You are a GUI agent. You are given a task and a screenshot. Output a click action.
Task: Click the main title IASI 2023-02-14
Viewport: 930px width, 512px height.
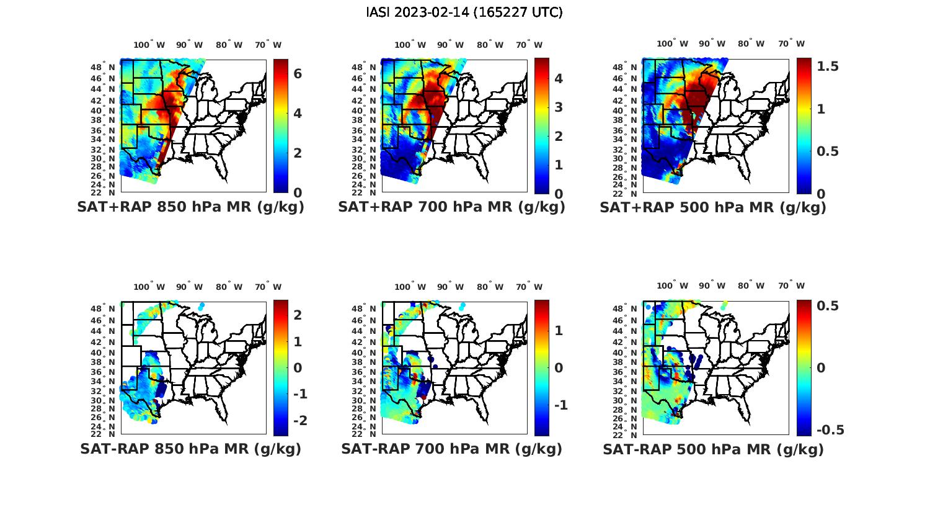pyautogui.click(x=464, y=12)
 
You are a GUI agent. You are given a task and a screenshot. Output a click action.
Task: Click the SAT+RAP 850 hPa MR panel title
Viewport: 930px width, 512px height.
pyautogui.click(x=190, y=207)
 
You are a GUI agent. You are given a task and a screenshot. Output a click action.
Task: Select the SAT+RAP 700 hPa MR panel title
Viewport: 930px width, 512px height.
pyautogui.click(x=451, y=207)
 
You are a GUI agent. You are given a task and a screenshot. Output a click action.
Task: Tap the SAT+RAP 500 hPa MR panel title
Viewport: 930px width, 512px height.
pyautogui.click(x=713, y=207)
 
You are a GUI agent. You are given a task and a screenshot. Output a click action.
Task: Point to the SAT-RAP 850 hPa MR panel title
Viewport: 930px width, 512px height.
pyautogui.click(x=190, y=449)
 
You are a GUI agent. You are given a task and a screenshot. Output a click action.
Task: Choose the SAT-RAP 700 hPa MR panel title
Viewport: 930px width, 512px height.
pyautogui.click(x=451, y=449)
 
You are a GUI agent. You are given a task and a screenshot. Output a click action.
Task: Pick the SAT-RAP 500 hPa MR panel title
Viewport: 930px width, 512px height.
pyautogui.click(x=713, y=449)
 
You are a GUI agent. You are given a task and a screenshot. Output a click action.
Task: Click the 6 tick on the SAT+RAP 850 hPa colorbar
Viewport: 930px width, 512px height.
pyautogui.click(x=298, y=73)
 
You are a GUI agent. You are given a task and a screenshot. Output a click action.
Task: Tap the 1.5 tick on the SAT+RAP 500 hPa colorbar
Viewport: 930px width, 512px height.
pyautogui.click(x=827, y=66)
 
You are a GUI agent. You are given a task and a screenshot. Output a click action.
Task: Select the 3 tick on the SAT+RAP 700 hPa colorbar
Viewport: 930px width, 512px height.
pyautogui.click(x=558, y=107)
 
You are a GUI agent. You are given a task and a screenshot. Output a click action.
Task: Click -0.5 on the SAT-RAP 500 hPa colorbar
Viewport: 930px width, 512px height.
pyautogui.click(x=830, y=430)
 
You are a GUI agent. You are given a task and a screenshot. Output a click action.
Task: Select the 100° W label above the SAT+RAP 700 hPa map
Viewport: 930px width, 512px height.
pyautogui.click(x=410, y=45)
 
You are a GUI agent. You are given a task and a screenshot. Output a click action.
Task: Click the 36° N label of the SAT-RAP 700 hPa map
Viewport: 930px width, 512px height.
pyautogui.click(x=364, y=372)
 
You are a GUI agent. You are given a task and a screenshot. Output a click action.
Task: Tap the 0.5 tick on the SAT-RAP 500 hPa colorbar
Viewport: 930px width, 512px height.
pyautogui.click(x=827, y=306)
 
